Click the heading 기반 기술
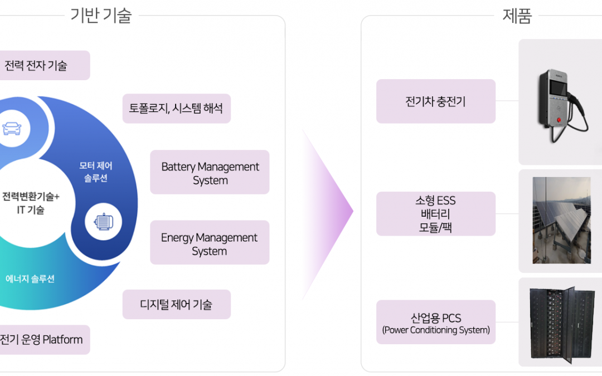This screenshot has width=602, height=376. click(101, 16)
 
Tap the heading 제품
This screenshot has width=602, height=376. click(517, 16)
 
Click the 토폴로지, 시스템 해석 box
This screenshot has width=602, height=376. click(177, 109)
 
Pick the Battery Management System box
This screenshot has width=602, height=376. click(210, 172)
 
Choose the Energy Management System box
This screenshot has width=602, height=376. click(210, 242)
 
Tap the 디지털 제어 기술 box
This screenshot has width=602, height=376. click(177, 304)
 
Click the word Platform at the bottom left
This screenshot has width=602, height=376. click(62, 340)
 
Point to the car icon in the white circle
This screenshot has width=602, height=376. click(12, 128)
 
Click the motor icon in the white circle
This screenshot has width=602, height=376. click(104, 222)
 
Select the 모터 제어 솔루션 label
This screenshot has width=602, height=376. click(96, 172)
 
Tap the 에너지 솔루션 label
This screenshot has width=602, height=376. click(30, 279)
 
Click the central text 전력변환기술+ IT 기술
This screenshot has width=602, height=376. click(31, 203)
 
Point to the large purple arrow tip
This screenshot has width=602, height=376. click(353, 211)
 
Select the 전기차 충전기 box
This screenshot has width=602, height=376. click(436, 101)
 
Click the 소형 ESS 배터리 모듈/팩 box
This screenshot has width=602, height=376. click(436, 214)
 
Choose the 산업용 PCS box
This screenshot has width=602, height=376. click(436, 323)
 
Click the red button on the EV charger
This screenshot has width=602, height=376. click(559, 120)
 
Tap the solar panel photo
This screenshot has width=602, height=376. click(562, 220)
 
